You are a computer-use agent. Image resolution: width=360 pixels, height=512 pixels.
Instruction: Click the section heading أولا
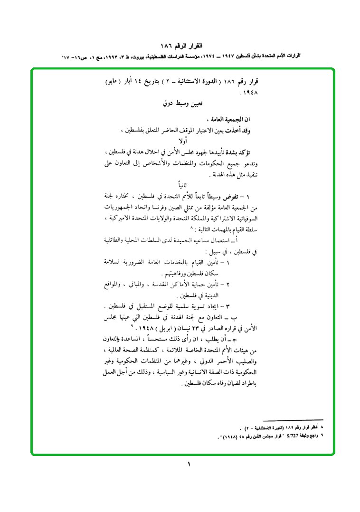click(x=182, y=141)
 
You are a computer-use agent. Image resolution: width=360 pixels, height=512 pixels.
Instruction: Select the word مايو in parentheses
click(x=113, y=81)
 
